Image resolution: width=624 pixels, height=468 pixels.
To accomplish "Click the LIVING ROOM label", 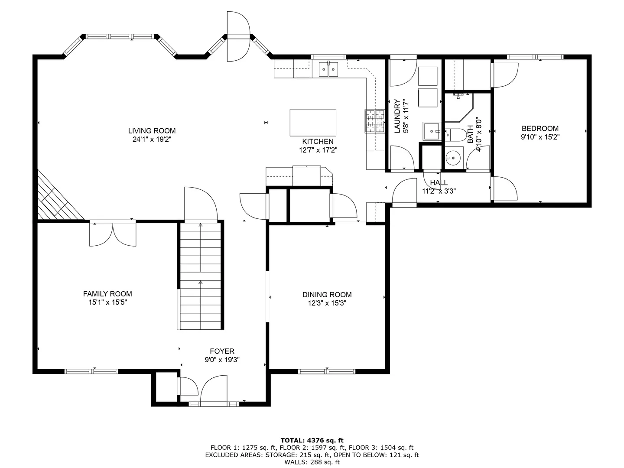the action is click(152, 131).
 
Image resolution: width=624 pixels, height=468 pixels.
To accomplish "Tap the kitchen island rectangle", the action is click(313, 123).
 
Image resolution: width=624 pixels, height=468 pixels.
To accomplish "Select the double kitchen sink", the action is click(328, 69).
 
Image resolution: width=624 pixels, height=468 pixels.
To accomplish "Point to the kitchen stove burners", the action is click(375, 121).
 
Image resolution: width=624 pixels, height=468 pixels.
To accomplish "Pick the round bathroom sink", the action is click(453, 158).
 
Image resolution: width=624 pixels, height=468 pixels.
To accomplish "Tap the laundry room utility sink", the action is click(432, 131).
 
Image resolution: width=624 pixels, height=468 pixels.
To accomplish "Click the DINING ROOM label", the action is click(327, 295).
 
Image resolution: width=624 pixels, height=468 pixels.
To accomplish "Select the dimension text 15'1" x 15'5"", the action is click(107, 302).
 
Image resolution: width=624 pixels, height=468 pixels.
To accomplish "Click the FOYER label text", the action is click(222, 351).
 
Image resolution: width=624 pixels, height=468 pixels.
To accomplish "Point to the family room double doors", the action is click(113, 234).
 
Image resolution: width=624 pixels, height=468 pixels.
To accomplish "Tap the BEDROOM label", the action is click(540, 128).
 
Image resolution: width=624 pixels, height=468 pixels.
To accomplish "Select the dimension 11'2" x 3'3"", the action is click(439, 191).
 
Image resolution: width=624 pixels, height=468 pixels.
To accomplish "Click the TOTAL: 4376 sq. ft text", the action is click(312, 440).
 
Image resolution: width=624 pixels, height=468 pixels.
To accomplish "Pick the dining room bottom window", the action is click(327, 371).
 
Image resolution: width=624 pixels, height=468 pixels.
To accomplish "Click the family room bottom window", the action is click(91, 371).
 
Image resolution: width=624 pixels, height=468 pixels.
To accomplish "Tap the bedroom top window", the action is click(535, 57).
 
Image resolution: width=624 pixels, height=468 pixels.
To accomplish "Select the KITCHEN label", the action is click(318, 142).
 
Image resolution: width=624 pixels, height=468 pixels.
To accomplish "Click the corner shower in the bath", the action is click(459, 107).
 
